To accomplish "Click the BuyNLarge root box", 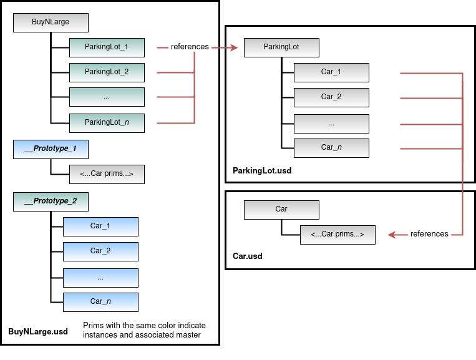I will pos(51,22).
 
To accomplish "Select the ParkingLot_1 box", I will pos(107,47).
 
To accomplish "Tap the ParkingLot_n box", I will pos(107,122).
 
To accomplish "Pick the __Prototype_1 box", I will pos(51,149).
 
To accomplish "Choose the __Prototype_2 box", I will pos(51,201).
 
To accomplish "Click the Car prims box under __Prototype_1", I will pos(107,174).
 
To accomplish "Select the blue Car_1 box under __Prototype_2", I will pos(100,226).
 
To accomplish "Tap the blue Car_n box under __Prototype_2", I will pos(100,301).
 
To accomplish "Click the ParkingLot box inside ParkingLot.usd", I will pos(281,47).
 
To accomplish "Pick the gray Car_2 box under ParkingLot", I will pos(331,97).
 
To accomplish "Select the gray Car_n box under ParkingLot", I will pos(331,147).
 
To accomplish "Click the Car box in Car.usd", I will pos(281,209).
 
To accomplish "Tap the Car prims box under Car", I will pos(338,234).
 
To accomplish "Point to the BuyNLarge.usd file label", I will pos(38,332).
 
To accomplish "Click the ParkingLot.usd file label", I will pos(262,170).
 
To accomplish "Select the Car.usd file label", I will pos(248,256).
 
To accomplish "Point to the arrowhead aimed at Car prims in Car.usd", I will pos(392,235).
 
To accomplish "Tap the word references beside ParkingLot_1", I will pos(190,47).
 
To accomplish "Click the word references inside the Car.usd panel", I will pos(429,234).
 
